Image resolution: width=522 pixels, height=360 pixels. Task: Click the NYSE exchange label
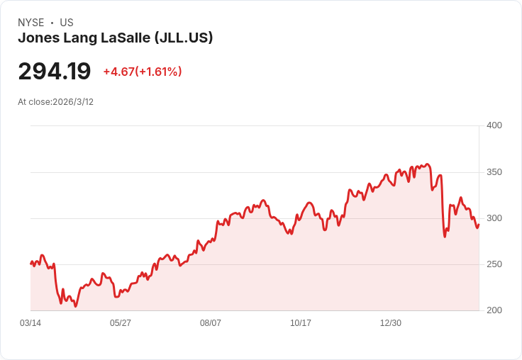[30, 23]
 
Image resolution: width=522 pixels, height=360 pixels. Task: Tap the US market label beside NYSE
[67, 23]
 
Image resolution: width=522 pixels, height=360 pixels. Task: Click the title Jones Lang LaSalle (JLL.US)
[116, 38]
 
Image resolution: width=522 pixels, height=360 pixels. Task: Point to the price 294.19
[55, 72]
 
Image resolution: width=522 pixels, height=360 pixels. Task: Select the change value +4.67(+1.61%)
[143, 72]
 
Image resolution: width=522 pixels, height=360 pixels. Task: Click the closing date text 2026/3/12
[73, 102]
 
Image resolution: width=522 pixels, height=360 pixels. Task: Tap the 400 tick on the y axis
[494, 125]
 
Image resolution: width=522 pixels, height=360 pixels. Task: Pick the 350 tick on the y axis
[494, 172]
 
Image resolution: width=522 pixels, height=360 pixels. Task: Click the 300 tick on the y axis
[494, 218]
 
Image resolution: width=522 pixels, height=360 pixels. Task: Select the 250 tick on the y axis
[494, 264]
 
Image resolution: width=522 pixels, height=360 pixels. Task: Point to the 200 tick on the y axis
[494, 310]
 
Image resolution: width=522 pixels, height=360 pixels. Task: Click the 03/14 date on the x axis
[30, 323]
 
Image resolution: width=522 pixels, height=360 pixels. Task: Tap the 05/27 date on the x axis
[121, 323]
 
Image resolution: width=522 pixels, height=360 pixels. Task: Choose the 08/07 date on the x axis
[211, 323]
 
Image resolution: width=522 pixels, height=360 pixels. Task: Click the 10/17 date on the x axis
[301, 323]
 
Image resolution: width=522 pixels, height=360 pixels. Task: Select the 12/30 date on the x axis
[391, 323]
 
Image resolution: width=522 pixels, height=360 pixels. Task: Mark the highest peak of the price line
[427, 164]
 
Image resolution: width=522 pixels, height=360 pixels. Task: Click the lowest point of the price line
[75, 306]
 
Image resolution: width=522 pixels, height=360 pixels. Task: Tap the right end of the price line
[479, 225]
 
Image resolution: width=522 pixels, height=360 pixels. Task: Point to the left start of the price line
[30, 264]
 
